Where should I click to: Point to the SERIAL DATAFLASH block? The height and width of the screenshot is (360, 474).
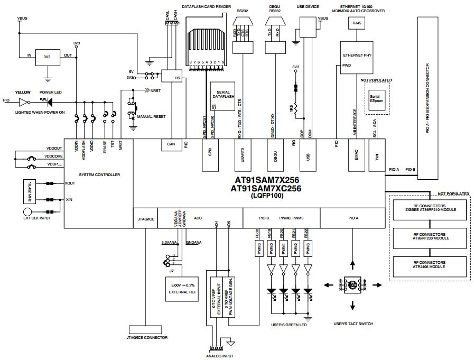(222, 95)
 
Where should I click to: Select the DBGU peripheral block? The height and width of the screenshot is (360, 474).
(273, 155)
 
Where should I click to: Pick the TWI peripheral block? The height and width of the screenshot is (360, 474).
(376, 155)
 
